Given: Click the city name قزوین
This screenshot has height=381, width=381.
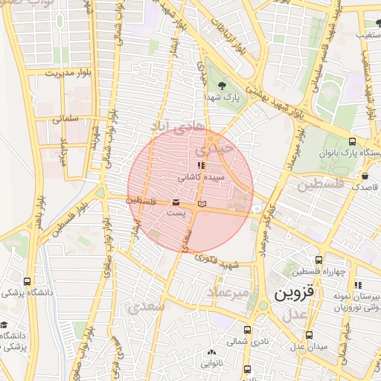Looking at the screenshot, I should [x=300, y=293].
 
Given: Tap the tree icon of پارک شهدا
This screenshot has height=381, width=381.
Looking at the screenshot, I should [x=222, y=84].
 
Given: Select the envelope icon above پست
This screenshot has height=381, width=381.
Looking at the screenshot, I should [x=176, y=202].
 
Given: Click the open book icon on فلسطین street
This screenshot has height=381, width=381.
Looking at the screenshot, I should [x=202, y=203].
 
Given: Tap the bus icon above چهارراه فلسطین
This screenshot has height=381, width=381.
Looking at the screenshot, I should [x=319, y=260].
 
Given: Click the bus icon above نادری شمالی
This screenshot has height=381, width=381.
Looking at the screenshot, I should [x=247, y=330].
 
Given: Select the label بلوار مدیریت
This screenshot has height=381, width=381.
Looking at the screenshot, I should [x=68, y=74].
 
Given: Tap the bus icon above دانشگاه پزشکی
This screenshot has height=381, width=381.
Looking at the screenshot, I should [x=28, y=282].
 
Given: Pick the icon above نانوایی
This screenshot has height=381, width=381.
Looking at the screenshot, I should [x=211, y=353].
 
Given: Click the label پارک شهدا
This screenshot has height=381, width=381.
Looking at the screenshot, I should [x=222, y=97].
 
